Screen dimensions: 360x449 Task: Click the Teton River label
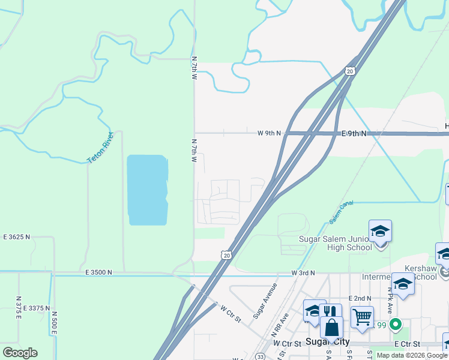(101, 147)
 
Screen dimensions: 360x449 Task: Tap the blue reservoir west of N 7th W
(147, 190)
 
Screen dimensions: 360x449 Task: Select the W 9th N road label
(270, 133)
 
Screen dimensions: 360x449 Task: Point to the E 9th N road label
(354, 133)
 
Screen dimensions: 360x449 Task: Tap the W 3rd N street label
(303, 273)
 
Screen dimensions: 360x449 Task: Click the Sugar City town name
(328, 341)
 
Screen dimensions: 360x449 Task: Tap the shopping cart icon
(362, 316)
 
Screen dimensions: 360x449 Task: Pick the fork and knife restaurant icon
(330, 312)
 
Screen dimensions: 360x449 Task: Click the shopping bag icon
(332, 328)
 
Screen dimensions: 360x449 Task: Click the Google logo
(20, 353)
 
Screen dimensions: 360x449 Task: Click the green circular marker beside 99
(395, 325)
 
